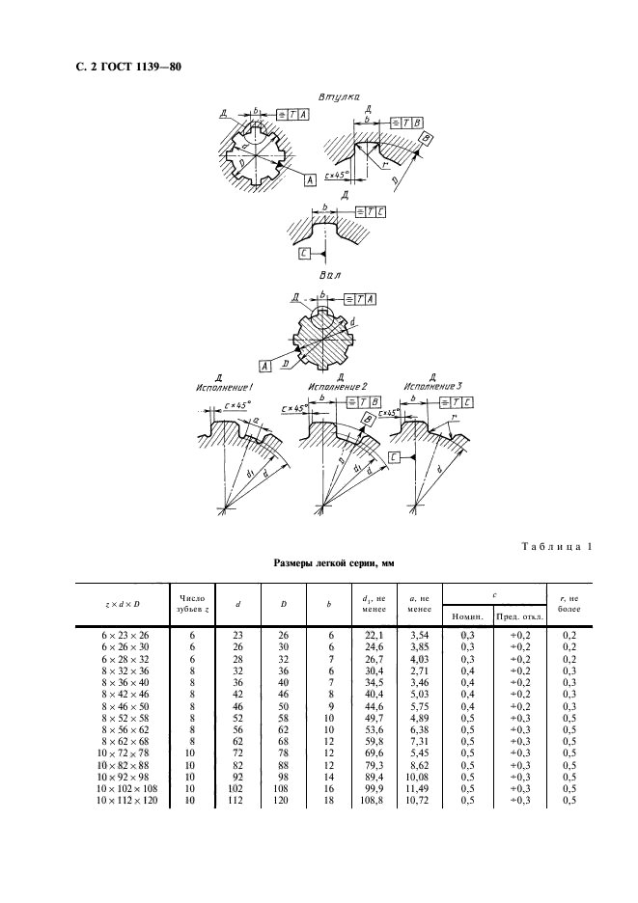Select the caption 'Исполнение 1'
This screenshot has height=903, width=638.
click(225, 386)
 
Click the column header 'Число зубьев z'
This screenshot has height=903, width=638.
click(191, 605)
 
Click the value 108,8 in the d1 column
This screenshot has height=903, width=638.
click(372, 800)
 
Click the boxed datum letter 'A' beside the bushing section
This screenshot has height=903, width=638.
click(309, 180)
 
